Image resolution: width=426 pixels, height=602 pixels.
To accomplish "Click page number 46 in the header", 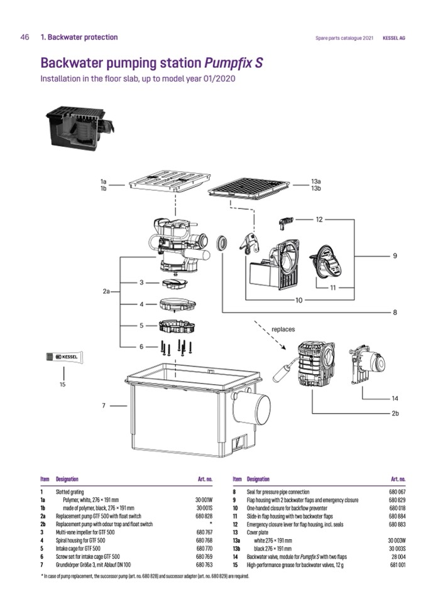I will (x=25, y=37).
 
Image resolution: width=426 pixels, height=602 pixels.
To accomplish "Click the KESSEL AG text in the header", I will (x=394, y=38).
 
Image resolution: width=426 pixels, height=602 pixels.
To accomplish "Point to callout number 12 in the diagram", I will (x=319, y=219).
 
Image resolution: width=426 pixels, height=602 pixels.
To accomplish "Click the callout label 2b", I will (x=395, y=414).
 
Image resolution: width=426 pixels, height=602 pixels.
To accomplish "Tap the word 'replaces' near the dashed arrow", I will (x=283, y=328).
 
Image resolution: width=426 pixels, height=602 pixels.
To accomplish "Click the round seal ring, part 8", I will (x=221, y=243).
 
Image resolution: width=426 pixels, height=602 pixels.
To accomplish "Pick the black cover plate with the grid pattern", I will (x=247, y=187).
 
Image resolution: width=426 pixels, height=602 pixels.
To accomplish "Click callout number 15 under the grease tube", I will (x=62, y=384).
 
